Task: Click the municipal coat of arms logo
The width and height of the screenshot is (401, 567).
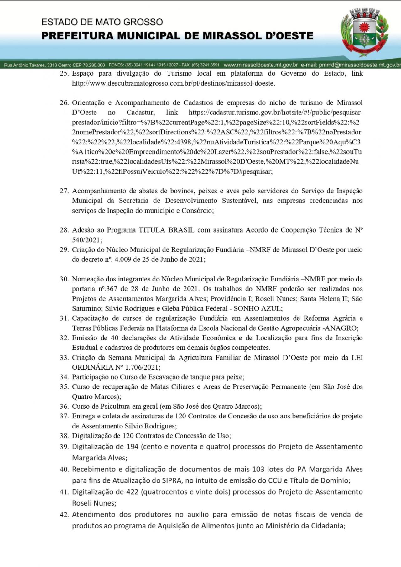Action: (363, 31)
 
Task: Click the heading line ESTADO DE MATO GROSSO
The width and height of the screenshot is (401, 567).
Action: (102, 22)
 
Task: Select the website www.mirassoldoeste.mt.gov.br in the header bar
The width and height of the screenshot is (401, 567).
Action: (261, 65)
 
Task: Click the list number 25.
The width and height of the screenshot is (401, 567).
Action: (64, 73)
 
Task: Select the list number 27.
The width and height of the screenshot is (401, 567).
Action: (64, 191)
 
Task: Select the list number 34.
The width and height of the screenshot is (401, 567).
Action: (64, 377)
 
